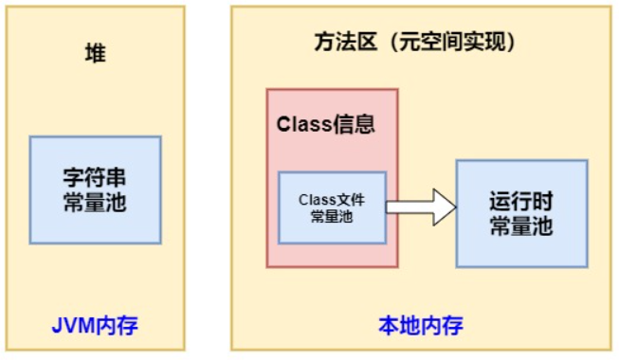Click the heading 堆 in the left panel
coord(95,54)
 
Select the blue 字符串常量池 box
coord(95,189)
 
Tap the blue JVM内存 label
coord(95,328)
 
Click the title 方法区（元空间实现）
coord(414,43)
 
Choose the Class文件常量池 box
coord(332,207)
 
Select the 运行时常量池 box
coord(520,213)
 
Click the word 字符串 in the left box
coord(95,178)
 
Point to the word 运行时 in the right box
coord(520,202)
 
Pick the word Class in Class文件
coord(318,200)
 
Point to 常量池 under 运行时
coord(520,226)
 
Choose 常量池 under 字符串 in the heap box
coord(95,203)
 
